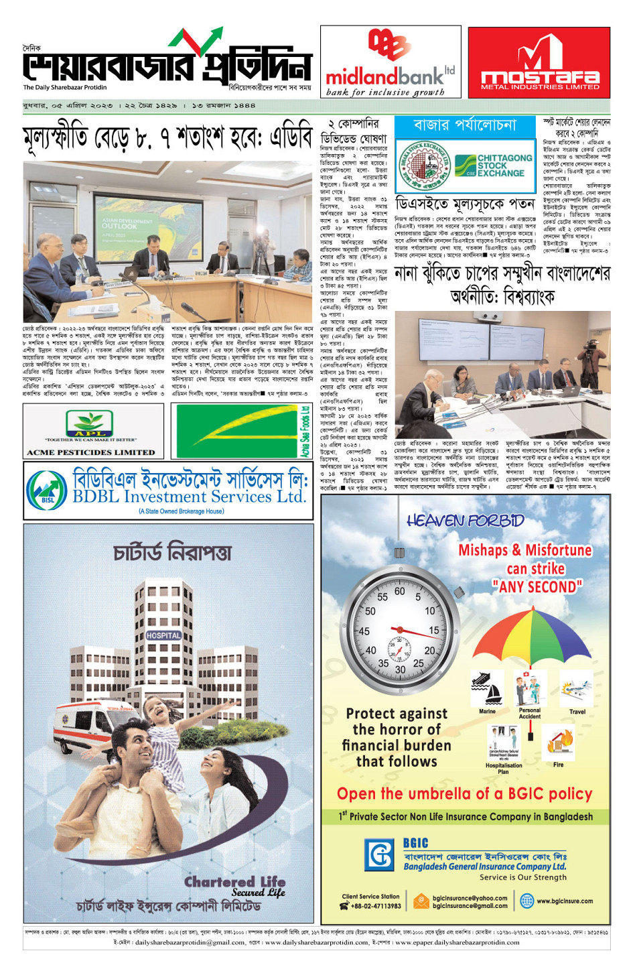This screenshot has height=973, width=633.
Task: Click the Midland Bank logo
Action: [x=391, y=62]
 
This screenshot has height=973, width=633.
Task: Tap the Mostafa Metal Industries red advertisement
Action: [x=539, y=62]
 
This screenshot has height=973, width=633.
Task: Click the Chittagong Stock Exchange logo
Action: [x=494, y=165]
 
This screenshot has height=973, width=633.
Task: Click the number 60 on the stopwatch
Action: [x=400, y=592]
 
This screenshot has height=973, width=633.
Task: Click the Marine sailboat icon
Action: [x=487, y=688]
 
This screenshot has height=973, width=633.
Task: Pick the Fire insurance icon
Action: [x=558, y=741]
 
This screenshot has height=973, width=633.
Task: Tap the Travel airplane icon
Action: [x=577, y=688]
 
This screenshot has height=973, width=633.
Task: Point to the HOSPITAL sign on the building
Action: [x=163, y=635]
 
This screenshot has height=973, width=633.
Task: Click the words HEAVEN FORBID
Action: [x=465, y=521]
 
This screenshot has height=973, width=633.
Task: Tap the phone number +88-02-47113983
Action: [x=376, y=906]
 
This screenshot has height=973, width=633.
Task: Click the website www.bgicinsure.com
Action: [x=564, y=901]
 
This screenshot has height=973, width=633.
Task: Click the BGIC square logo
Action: [x=379, y=855]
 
